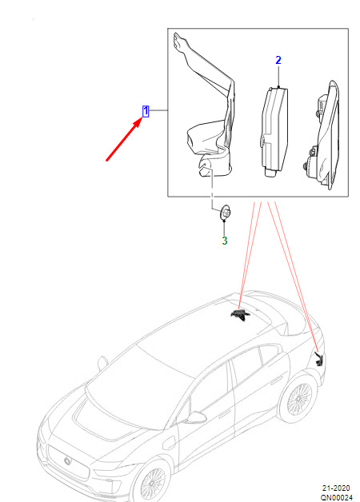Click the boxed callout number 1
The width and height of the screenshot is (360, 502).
click(x=146, y=111)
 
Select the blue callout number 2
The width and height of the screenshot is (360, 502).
click(x=278, y=60)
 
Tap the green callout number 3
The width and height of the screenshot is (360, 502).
click(x=225, y=241)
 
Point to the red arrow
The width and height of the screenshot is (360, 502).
click(x=124, y=139)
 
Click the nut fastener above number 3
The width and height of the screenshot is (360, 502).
click(x=226, y=213)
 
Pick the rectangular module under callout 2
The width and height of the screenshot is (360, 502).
click(x=274, y=131)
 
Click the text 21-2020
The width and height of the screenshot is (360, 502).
click(x=336, y=488)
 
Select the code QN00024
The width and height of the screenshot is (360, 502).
click(x=336, y=497)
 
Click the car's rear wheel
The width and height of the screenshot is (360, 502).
click(x=298, y=399)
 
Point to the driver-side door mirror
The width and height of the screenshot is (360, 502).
click(x=196, y=417)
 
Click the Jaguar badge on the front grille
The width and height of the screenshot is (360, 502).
click(x=68, y=461)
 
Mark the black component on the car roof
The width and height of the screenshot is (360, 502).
click(x=239, y=314)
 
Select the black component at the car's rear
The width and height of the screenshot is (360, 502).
click(x=319, y=359)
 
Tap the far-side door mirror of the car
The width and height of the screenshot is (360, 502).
click(x=102, y=363)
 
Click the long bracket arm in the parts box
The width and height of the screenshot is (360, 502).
click(x=208, y=106)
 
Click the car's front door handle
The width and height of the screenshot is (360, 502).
click(x=222, y=416)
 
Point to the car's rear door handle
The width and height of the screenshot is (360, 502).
click(x=276, y=381)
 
